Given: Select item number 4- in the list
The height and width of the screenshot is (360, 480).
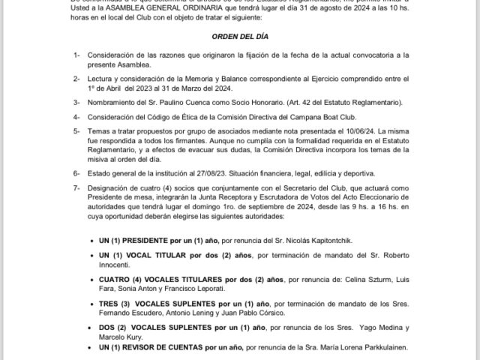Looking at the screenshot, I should (76, 117).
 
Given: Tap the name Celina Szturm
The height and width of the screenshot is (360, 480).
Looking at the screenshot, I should (361, 278).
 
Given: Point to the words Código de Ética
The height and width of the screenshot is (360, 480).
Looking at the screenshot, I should (169, 117).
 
